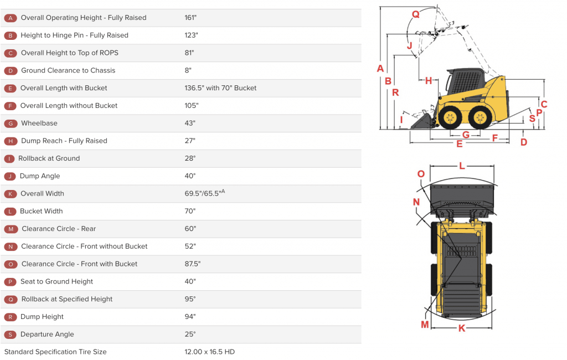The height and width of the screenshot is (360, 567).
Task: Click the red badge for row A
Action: click(10, 18)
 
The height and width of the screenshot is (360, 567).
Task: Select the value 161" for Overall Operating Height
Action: click(190, 18)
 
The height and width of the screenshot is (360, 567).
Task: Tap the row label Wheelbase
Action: click(39, 123)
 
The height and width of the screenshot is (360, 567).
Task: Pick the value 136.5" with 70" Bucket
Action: click(220, 88)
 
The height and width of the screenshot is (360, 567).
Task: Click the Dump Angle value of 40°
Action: click(190, 176)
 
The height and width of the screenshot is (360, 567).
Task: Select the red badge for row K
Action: click(10, 194)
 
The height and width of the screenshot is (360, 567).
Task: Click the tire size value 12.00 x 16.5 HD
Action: click(209, 352)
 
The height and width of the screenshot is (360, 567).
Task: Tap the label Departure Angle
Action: click(47, 335)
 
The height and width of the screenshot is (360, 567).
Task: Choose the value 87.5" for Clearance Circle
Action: click(192, 264)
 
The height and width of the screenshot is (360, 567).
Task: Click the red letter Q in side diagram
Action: click(415, 14)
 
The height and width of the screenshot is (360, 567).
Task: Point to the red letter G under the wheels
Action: click(466, 135)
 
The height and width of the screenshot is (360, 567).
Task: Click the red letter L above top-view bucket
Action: click(462, 166)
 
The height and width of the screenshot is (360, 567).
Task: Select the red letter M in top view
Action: click(425, 325)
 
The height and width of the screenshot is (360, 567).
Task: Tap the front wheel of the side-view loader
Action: click(450, 117)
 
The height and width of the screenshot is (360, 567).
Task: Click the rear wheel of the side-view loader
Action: click(480, 117)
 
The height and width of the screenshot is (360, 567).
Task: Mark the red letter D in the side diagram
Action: click(523, 142)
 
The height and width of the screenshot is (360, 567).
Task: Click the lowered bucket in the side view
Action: click(424, 121)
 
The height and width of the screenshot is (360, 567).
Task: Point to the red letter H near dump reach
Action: click(429, 81)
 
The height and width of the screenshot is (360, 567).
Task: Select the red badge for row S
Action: click(10, 335)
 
